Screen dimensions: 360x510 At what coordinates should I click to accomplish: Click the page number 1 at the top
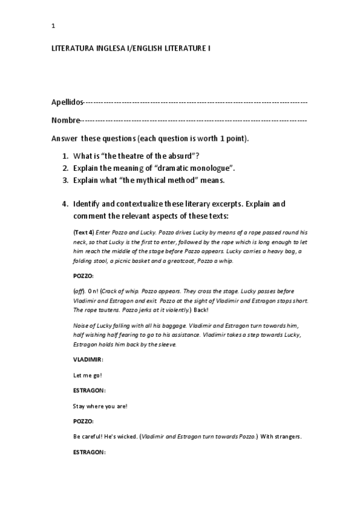[x=53, y=25]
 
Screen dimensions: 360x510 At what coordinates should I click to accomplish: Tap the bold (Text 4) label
[x=83, y=232]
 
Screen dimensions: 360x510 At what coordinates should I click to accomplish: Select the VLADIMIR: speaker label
[x=88, y=358]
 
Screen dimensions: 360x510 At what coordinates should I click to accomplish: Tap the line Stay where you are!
[x=100, y=406]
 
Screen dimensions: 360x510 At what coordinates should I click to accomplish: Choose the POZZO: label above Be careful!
[x=83, y=422]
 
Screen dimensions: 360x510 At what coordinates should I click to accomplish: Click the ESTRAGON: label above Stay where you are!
[x=88, y=390]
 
